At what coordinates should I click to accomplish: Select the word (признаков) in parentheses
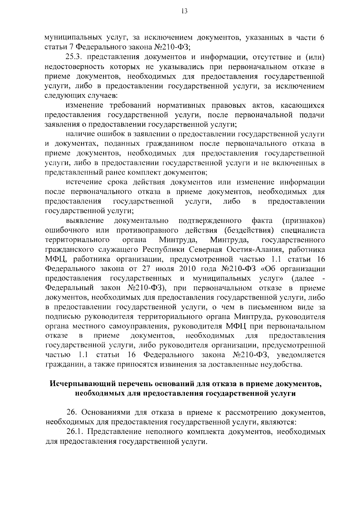pos(304,221)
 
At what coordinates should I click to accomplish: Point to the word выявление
pos(85,221)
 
